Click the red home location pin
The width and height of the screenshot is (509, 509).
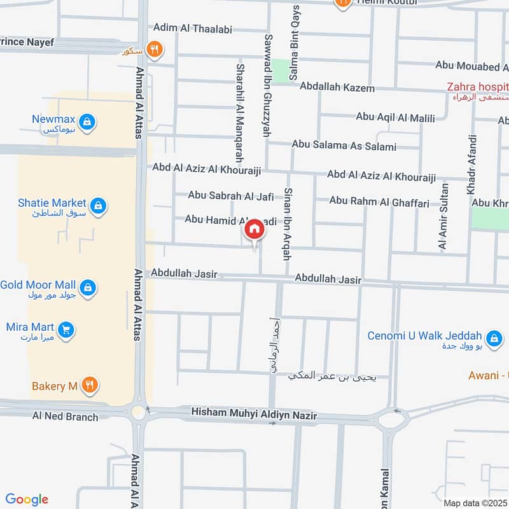[x=254, y=230]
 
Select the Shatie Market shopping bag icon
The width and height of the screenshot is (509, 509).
[x=98, y=205]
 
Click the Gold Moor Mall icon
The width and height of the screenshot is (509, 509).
[x=89, y=288]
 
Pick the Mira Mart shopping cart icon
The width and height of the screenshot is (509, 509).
[x=66, y=330]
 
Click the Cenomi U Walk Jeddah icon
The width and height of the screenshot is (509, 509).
[x=492, y=338]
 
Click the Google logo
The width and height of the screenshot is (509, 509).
[x=27, y=499]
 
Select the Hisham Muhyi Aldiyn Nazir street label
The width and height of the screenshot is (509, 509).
[x=254, y=415]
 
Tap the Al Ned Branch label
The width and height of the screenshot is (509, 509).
[x=65, y=417]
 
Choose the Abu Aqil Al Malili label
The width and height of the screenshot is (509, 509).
[x=395, y=117]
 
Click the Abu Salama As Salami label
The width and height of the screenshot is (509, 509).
[x=344, y=146]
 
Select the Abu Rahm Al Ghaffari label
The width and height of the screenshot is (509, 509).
[x=379, y=201]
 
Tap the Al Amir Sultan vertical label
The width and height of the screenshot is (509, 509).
[x=443, y=216]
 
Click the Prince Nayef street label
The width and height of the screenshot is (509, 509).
[x=29, y=43]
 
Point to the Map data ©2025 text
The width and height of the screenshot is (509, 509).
[x=475, y=503]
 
